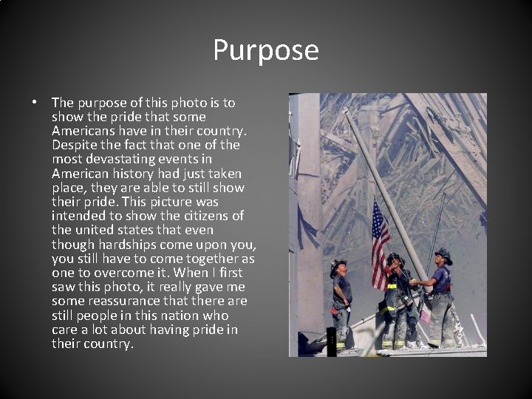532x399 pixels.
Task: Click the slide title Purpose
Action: [266, 50]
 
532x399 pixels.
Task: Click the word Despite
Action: [73, 145]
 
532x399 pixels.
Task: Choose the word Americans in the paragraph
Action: [82, 131]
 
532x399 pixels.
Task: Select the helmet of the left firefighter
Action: [338, 264]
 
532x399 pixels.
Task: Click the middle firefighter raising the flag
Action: [397, 299]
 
